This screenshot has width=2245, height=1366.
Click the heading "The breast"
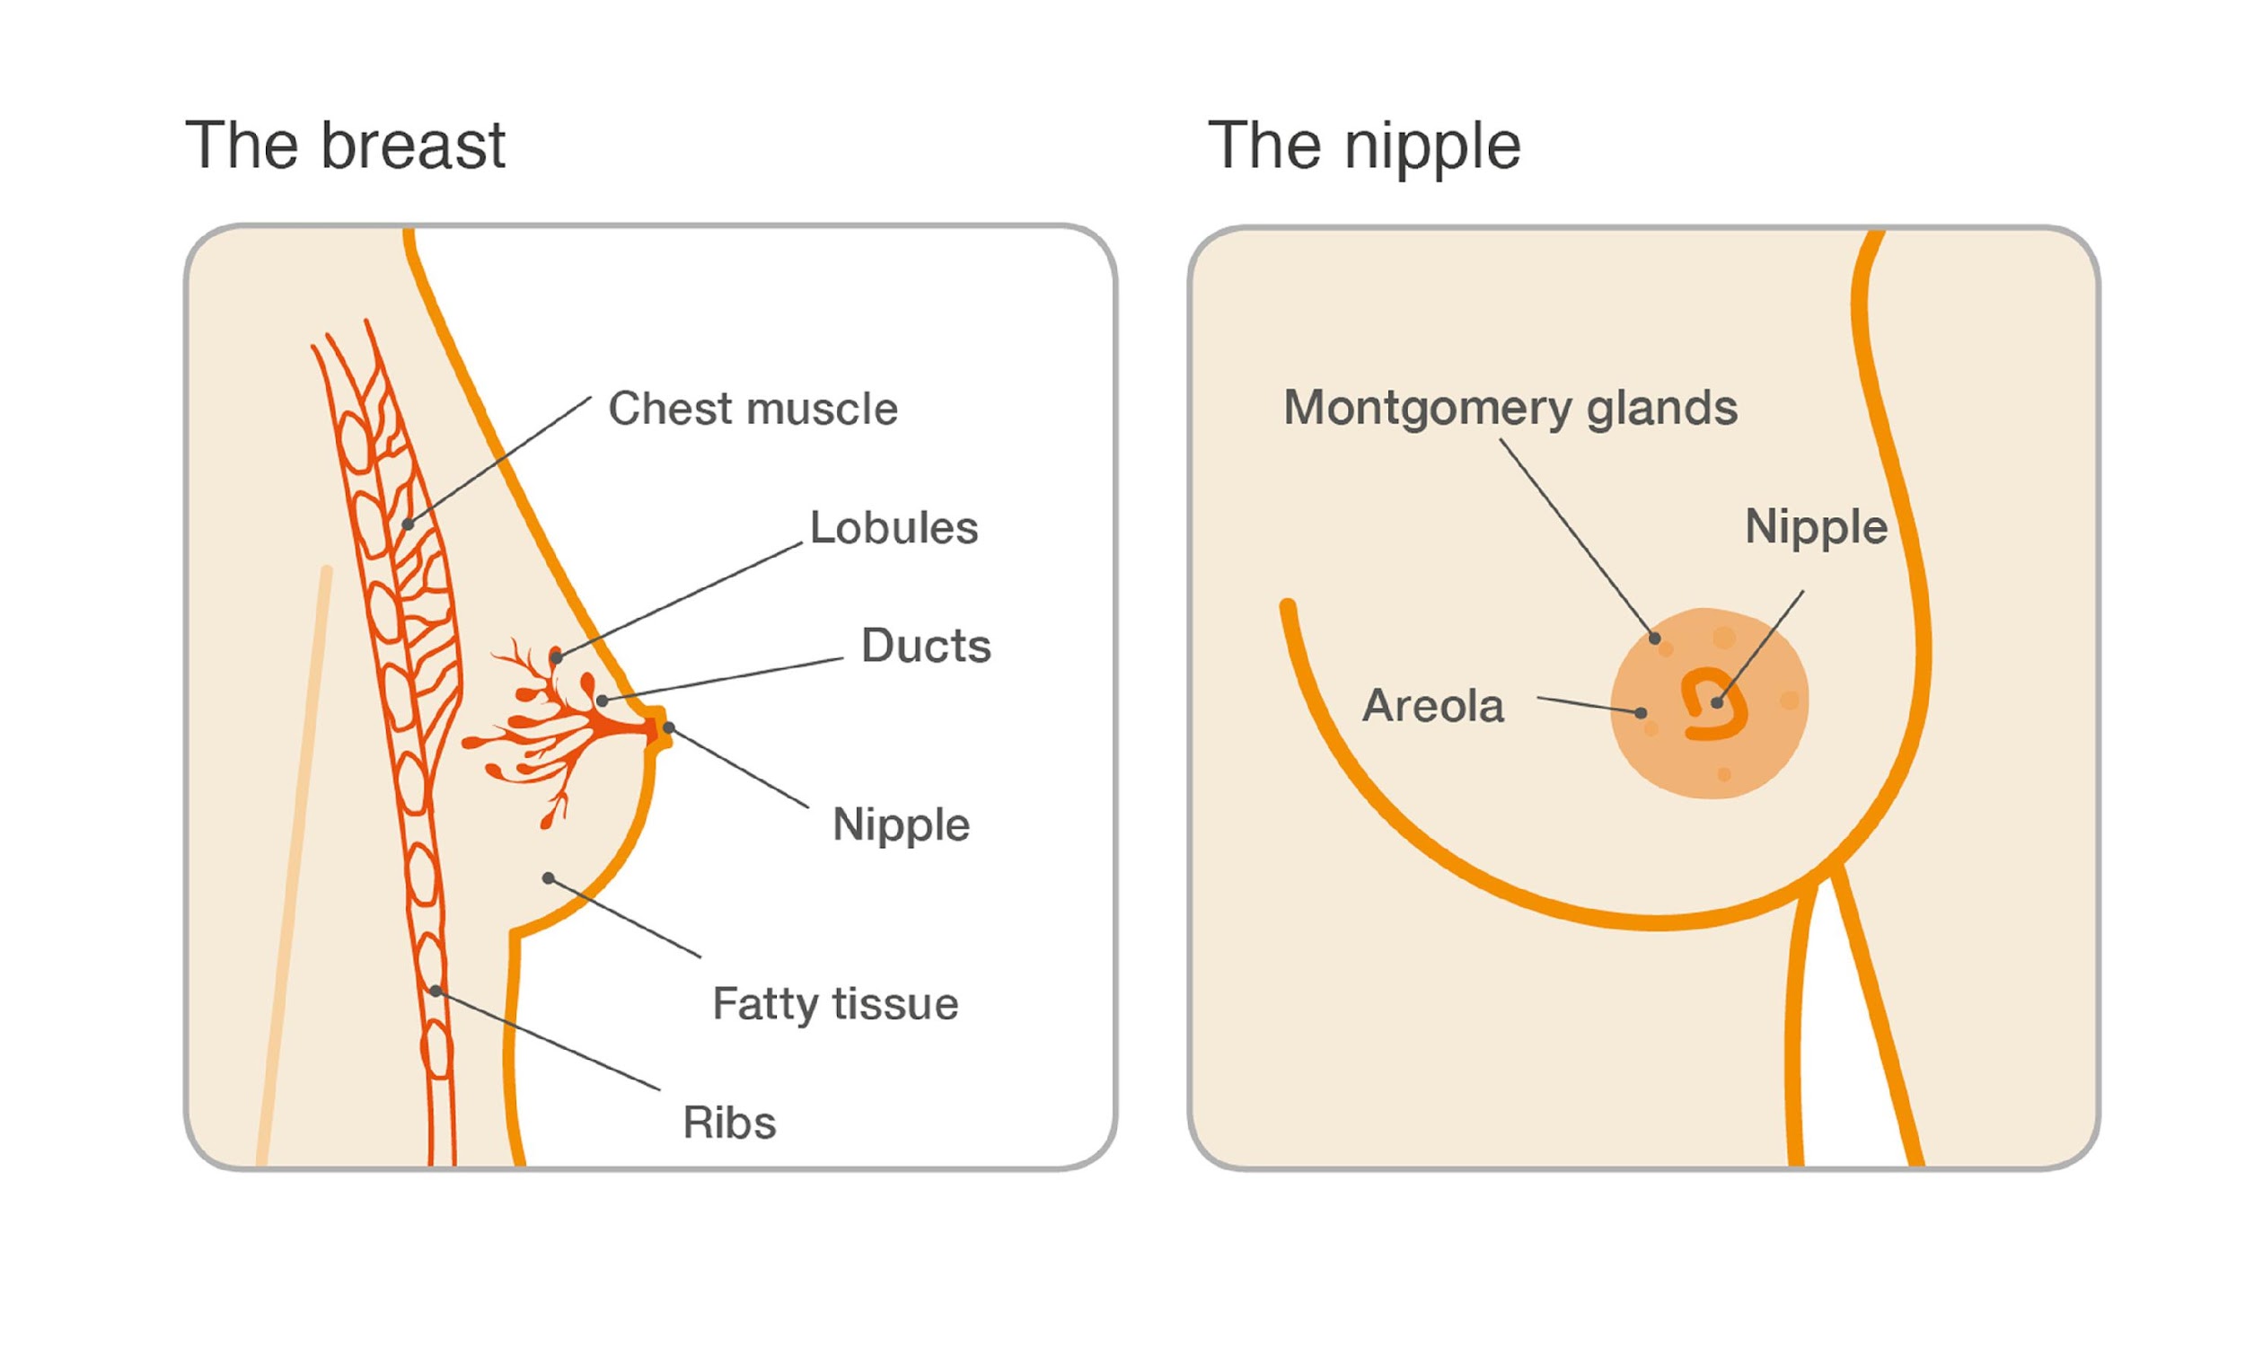pos(346,145)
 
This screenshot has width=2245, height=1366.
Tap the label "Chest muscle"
pos(753,409)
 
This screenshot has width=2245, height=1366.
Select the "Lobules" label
pos(894,527)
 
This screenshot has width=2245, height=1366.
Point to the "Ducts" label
pos(926,646)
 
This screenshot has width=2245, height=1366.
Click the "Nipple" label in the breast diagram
pos(901,825)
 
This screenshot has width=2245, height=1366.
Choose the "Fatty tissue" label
pos(835,1004)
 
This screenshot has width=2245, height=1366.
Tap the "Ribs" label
pos(730,1123)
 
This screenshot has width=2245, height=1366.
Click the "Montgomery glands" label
pos(1510,409)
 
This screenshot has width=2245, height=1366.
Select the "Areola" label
pos(1433,705)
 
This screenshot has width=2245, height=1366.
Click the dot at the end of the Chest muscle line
pos(409,524)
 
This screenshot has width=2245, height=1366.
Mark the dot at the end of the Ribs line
pos(436,991)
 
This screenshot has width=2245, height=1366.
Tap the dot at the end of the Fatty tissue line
pos(549,878)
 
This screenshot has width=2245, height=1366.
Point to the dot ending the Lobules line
pos(557,657)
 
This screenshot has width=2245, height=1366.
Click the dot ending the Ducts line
pos(603,701)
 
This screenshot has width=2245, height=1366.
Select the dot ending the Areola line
pos(1641,712)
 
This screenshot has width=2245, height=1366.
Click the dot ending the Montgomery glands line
pos(1655,639)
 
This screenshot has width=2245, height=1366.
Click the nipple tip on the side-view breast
pos(664,729)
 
